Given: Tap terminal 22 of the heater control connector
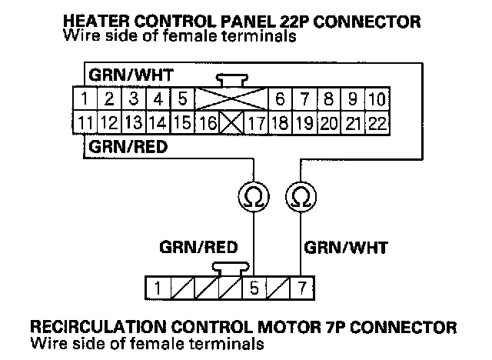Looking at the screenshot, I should click(378, 122).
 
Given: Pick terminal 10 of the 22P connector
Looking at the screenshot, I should click(377, 99).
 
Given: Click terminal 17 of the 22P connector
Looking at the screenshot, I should click(256, 122).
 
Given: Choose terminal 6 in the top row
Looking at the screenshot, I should click(281, 99).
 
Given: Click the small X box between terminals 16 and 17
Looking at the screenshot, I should click(231, 122).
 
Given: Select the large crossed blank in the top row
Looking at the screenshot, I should click(231, 99).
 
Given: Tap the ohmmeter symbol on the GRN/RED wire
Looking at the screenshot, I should click(252, 198).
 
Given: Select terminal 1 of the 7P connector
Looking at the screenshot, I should click(157, 288).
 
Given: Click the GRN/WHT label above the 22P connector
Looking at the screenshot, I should click(131, 76).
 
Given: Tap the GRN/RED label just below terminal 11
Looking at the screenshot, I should click(128, 145).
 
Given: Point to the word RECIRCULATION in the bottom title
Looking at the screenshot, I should click(100, 327).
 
